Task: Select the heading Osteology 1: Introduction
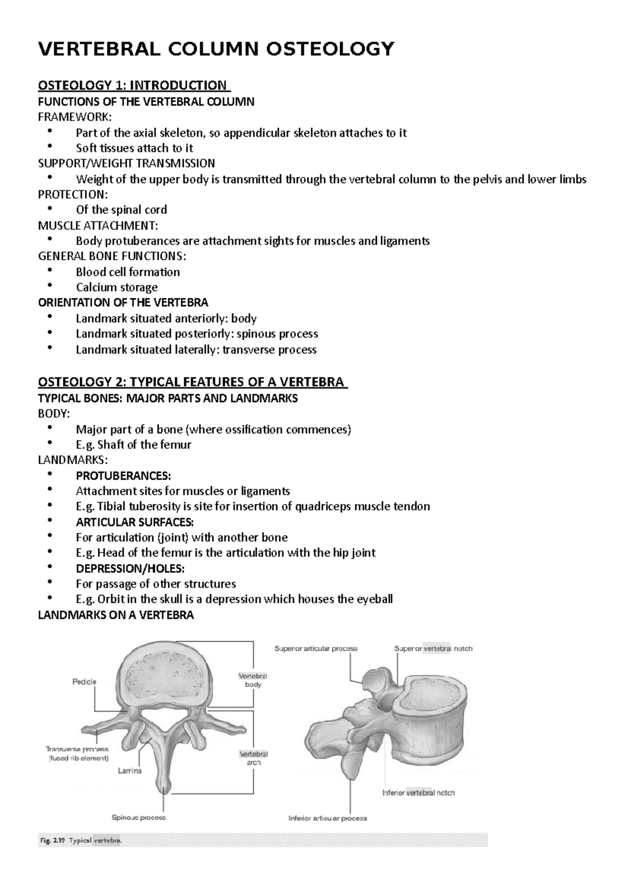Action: coord(134,85)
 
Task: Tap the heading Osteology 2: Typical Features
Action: coord(192,382)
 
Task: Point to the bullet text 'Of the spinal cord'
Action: coord(121,210)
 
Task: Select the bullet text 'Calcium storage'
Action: coord(116,287)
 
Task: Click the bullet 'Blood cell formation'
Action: coord(127,272)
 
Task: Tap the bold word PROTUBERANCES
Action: coord(122,476)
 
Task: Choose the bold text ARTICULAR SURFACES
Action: coord(134,522)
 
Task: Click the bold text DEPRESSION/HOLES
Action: coord(130,569)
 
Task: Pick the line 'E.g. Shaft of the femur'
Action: coord(133,445)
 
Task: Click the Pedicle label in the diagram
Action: coord(84,682)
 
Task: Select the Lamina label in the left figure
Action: coord(129,771)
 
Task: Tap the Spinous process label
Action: coord(139,817)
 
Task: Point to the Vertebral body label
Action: coord(253,680)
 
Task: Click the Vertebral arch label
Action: coord(253,758)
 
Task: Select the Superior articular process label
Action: coord(316,648)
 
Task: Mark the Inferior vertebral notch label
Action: coord(418,793)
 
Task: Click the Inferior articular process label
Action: coord(328,818)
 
